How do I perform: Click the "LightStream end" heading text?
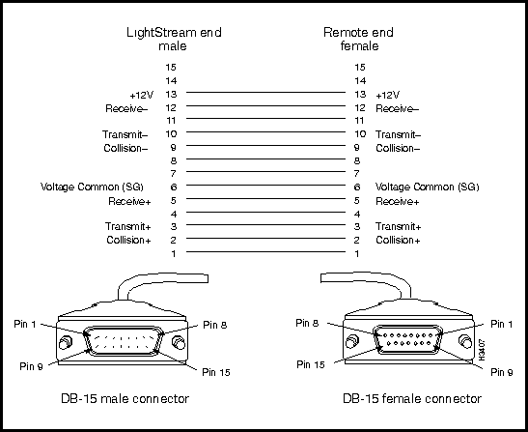point(174,33)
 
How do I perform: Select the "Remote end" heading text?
point(358,33)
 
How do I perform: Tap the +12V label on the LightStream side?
point(142,95)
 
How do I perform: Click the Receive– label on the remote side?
point(398,108)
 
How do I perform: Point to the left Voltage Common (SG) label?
point(92,187)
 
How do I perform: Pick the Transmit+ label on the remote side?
point(399,226)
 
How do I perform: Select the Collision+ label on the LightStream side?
point(128,240)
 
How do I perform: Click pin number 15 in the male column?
point(171,68)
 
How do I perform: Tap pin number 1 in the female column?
point(357,253)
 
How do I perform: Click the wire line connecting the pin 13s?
point(266,92)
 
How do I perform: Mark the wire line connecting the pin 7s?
point(266,172)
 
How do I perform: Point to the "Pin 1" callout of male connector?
point(25,324)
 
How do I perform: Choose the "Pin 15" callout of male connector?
point(216,372)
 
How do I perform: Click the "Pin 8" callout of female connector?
point(307,323)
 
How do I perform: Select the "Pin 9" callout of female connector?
point(502,372)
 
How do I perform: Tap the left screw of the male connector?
point(65,343)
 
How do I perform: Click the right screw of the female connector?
point(465,341)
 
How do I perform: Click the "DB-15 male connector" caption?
point(125,398)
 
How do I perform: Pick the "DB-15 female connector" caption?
point(412,398)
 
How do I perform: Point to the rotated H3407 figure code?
point(482,351)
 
